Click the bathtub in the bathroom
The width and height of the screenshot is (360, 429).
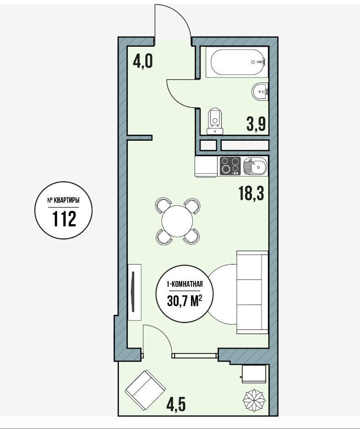(237, 62)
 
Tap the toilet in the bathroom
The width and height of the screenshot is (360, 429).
(215, 121)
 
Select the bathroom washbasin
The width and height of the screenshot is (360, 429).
(260, 91)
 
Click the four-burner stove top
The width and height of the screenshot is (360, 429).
(230, 166)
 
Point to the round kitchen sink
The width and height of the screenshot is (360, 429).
(255, 166)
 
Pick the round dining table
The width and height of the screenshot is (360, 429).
(177, 221)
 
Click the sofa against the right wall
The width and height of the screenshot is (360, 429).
(252, 292)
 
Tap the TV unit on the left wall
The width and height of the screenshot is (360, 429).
(135, 292)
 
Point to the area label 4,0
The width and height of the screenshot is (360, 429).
(143, 61)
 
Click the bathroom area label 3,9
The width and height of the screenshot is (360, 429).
(256, 123)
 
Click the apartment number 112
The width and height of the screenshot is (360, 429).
(64, 219)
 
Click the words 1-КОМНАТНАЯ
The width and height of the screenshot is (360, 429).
(185, 285)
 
